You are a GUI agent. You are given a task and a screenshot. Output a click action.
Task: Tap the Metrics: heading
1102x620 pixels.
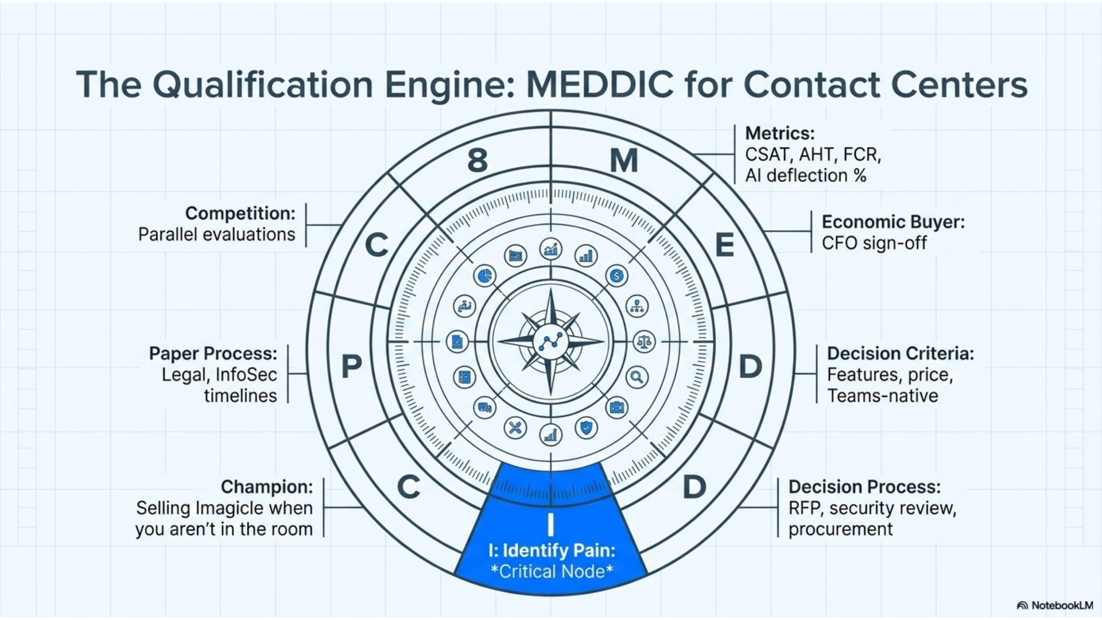click(x=779, y=133)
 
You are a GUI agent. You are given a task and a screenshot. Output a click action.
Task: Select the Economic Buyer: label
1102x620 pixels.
click(x=893, y=222)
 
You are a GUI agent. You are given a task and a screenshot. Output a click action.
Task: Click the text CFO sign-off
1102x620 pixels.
click(x=874, y=243)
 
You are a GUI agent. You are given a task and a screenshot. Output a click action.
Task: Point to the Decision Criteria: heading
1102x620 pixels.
click(x=901, y=353)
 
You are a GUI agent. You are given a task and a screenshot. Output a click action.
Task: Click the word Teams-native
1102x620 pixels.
click(x=883, y=396)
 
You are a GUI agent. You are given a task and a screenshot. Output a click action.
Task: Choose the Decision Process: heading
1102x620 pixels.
click(x=864, y=487)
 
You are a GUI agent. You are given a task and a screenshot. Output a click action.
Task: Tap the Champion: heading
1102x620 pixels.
click(x=267, y=487)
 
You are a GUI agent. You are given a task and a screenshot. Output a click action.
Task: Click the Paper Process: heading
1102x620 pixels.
click(x=213, y=353)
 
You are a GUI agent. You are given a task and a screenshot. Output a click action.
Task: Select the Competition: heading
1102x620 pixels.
click(x=240, y=213)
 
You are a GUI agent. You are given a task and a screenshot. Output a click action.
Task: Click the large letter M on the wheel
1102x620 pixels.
click(x=623, y=161)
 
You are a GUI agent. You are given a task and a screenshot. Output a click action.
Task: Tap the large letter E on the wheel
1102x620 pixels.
click(x=724, y=245)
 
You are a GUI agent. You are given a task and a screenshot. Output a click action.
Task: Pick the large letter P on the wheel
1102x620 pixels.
click(x=351, y=366)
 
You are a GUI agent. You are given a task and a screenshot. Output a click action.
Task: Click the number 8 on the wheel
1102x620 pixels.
click(x=478, y=161)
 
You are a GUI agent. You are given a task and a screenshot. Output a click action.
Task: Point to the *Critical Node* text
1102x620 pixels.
click(x=552, y=572)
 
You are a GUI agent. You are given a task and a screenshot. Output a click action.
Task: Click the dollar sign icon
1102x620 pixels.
click(x=616, y=276)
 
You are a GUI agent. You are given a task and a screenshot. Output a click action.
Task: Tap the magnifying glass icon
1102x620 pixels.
click(x=637, y=377)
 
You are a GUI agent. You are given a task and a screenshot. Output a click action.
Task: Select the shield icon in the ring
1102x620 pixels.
click(x=585, y=428)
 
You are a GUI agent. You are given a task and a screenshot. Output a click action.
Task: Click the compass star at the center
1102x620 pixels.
click(x=550, y=342)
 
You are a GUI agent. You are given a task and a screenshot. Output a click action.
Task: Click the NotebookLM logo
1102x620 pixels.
click(x=1054, y=605)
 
